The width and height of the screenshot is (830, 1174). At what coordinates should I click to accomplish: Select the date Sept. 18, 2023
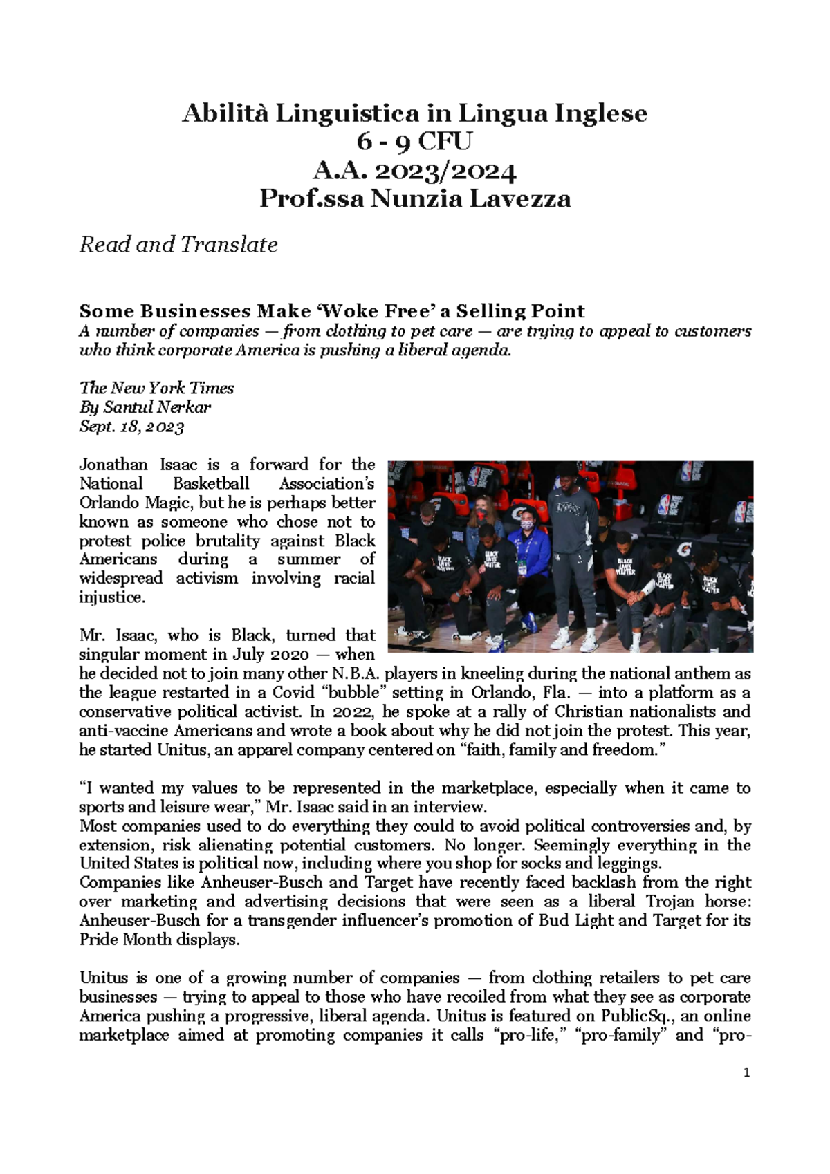click(x=131, y=427)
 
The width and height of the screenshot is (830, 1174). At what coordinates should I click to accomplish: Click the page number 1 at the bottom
click(x=746, y=1073)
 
